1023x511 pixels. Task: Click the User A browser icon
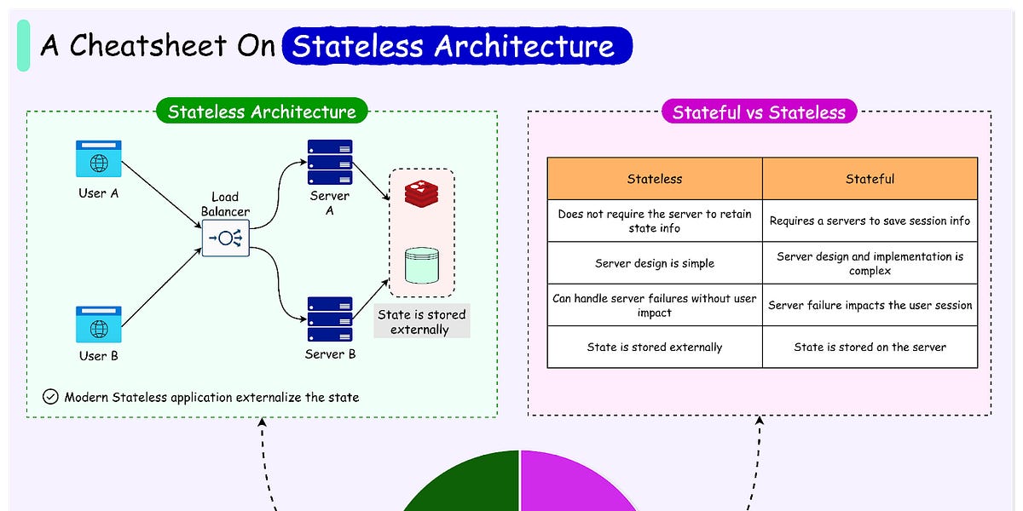[99, 159]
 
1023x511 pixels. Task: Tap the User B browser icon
[99, 324]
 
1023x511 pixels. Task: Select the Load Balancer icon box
[226, 238]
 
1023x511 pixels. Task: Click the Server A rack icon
[330, 162]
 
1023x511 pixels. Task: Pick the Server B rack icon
[330, 319]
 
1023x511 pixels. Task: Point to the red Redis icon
[421, 194]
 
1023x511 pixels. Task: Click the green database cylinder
[421, 265]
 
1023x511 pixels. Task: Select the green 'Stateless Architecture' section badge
[262, 112]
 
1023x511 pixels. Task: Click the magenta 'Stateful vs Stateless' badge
[759, 112]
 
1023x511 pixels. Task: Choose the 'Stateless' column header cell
[655, 179]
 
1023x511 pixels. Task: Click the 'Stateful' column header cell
[870, 179]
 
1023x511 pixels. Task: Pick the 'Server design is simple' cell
[655, 263]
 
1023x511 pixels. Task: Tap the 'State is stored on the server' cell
[870, 347]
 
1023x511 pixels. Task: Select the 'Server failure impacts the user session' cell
[870, 305]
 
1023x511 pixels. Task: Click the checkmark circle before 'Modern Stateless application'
[50, 397]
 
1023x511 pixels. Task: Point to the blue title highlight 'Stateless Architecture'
[457, 46]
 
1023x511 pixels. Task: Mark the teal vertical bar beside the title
[23, 46]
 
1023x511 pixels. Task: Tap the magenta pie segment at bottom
[575, 485]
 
